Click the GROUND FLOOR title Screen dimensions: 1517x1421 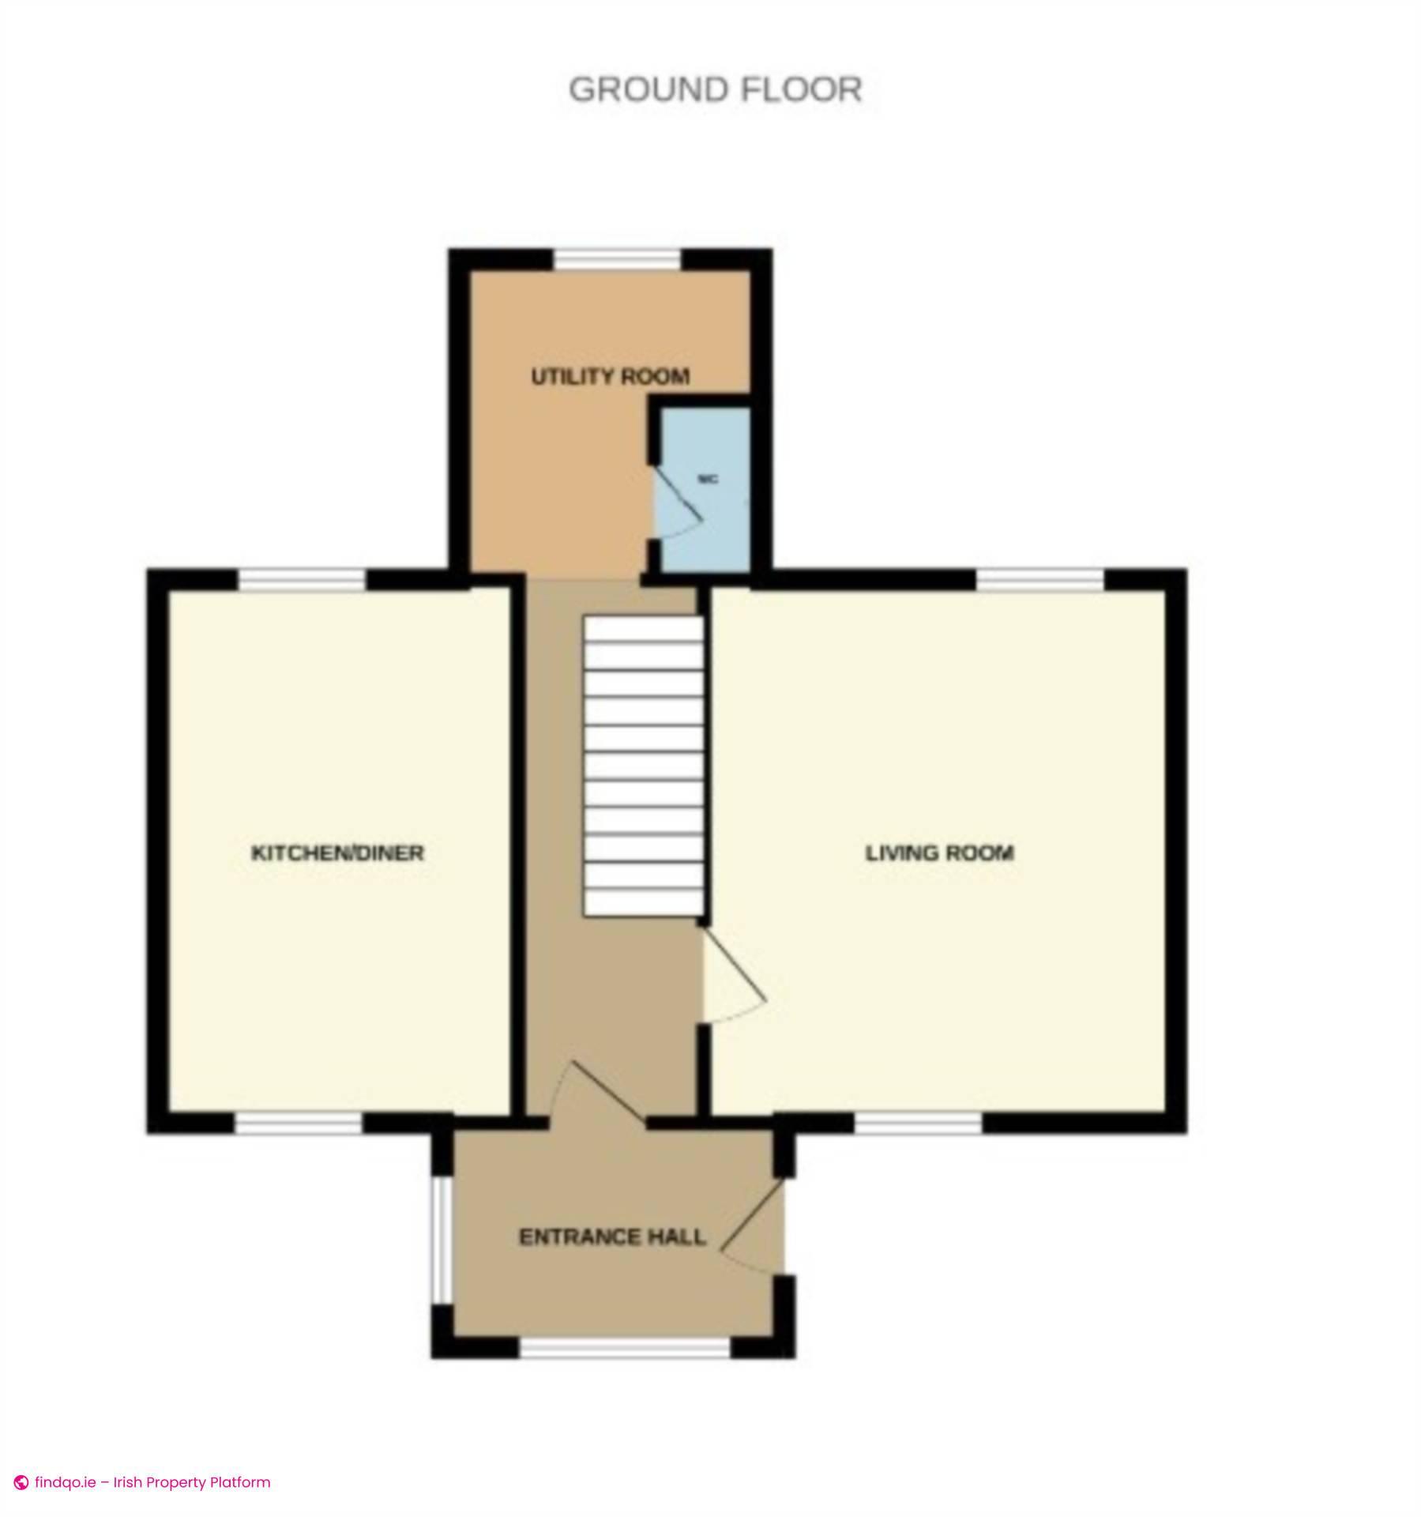tap(715, 89)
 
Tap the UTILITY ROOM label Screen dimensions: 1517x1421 tap(610, 377)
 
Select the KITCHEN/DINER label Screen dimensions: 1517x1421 tap(337, 853)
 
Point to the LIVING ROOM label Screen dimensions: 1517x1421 tap(939, 853)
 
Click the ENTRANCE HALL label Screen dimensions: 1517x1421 tap(612, 1237)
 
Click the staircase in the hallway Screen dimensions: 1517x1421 tap(643, 766)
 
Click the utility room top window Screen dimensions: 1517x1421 tap(616, 259)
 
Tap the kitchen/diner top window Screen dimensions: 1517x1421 tap(303, 580)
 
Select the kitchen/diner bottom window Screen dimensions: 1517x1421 tap(299, 1124)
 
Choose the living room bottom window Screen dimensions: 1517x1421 tap(918, 1124)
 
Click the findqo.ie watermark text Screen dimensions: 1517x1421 tap(152, 1482)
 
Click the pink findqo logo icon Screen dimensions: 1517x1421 tap(21, 1483)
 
